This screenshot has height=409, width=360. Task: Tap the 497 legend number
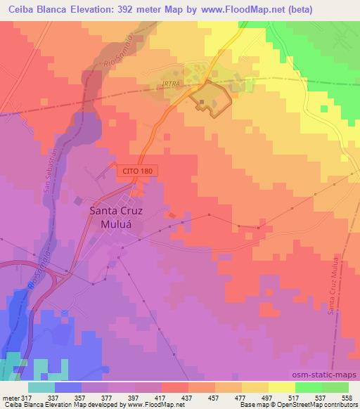point(264,397)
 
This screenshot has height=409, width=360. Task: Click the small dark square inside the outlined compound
point(202,104)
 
